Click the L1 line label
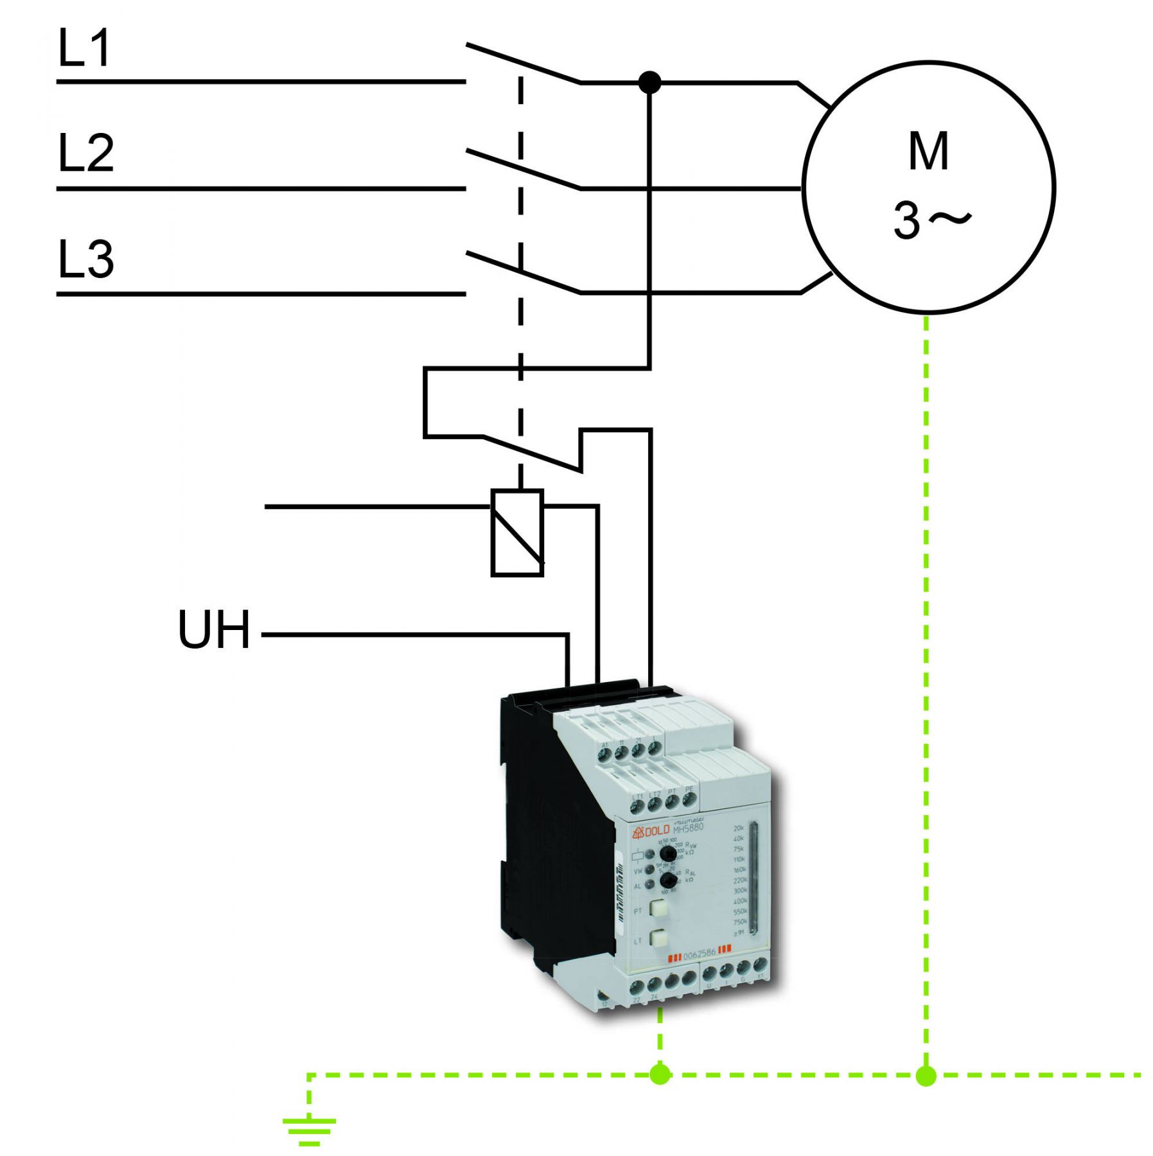(x=84, y=48)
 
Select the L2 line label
(x=86, y=153)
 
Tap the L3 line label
(x=86, y=259)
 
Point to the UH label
(x=213, y=629)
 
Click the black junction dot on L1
(x=649, y=82)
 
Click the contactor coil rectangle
(x=517, y=533)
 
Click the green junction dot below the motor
(x=926, y=1075)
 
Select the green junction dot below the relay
(x=660, y=1074)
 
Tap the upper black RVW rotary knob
(x=667, y=854)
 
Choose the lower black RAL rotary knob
(x=668, y=880)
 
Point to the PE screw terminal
(x=689, y=800)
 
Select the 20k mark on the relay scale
(x=739, y=828)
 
